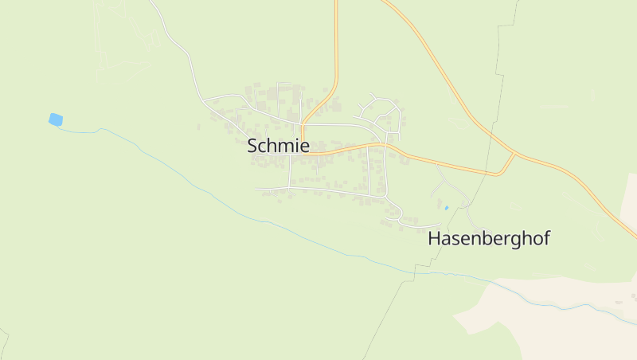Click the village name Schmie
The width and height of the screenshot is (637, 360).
point(278,146)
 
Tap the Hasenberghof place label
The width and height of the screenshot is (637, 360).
point(489,238)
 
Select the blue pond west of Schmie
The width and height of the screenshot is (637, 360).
point(55,119)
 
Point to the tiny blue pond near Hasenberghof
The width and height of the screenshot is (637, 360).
point(447,208)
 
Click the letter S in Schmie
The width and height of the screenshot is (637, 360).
point(252,146)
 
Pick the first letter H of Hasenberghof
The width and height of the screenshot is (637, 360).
point(435,238)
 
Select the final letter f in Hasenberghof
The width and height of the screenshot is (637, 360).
point(546,237)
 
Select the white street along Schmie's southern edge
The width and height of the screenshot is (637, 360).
point(318,190)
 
